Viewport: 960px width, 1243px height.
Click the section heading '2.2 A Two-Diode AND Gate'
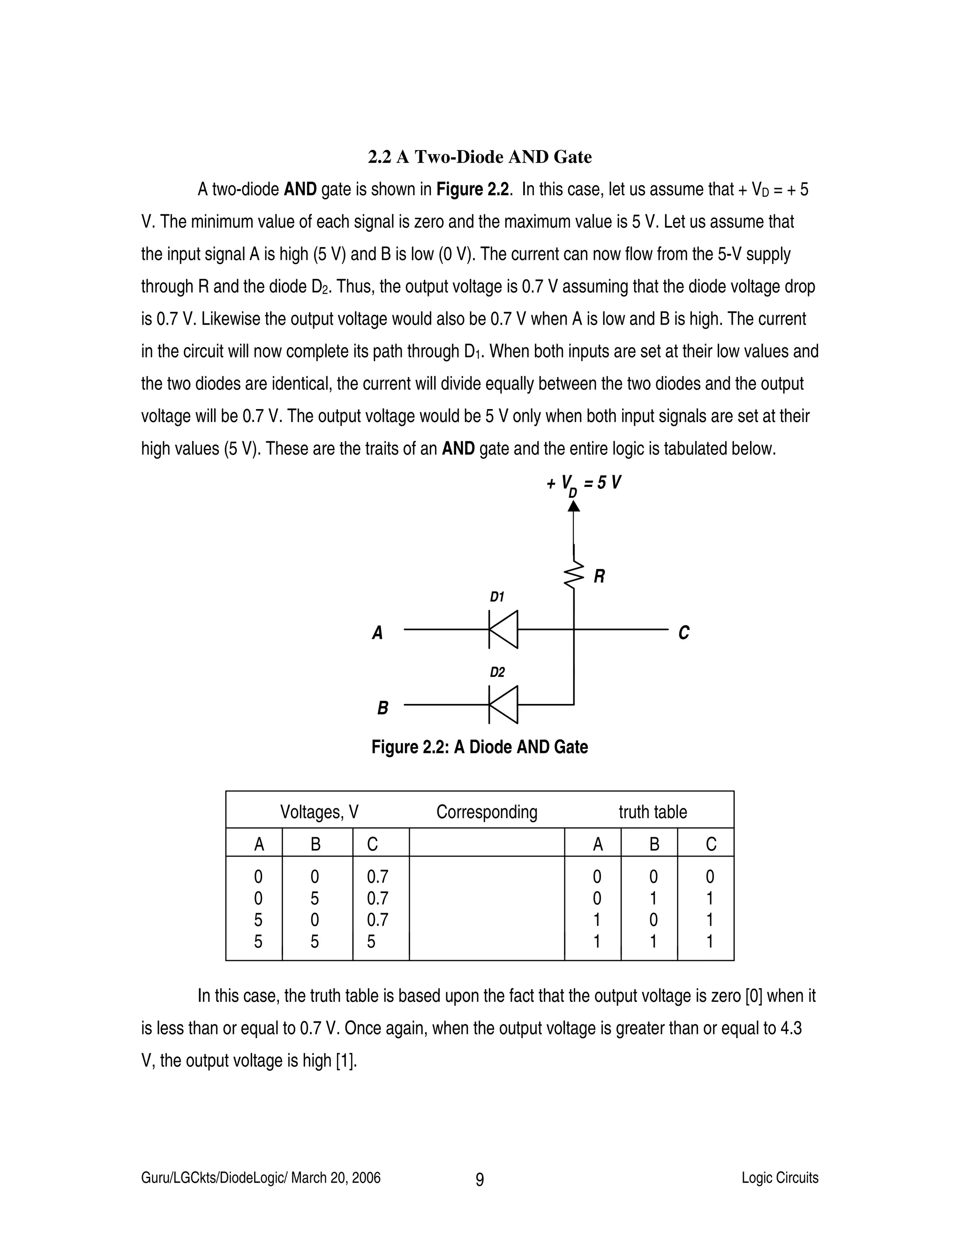tap(480, 157)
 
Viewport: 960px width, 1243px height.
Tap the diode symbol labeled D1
tap(503, 629)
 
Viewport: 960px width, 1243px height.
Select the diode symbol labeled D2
tap(503, 705)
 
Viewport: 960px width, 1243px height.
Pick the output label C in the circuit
tap(683, 633)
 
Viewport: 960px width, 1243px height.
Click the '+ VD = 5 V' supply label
tap(584, 484)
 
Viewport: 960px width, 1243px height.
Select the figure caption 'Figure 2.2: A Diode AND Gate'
tap(480, 747)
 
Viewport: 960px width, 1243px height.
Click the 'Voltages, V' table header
tap(319, 811)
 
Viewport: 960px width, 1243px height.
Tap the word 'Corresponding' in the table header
tap(487, 811)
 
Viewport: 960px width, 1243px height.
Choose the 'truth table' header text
tap(653, 811)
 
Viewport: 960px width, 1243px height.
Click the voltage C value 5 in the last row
tap(371, 941)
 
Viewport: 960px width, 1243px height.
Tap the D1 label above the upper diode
tap(497, 597)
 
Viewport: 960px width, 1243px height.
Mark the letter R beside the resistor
tap(600, 576)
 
